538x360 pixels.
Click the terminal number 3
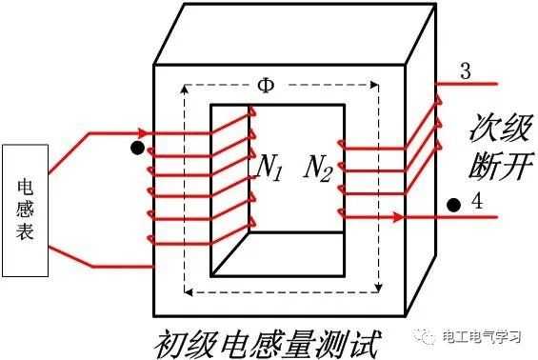(465, 71)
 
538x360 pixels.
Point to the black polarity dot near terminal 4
(454, 204)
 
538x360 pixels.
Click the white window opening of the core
(277, 190)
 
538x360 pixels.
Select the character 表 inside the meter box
(26, 231)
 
